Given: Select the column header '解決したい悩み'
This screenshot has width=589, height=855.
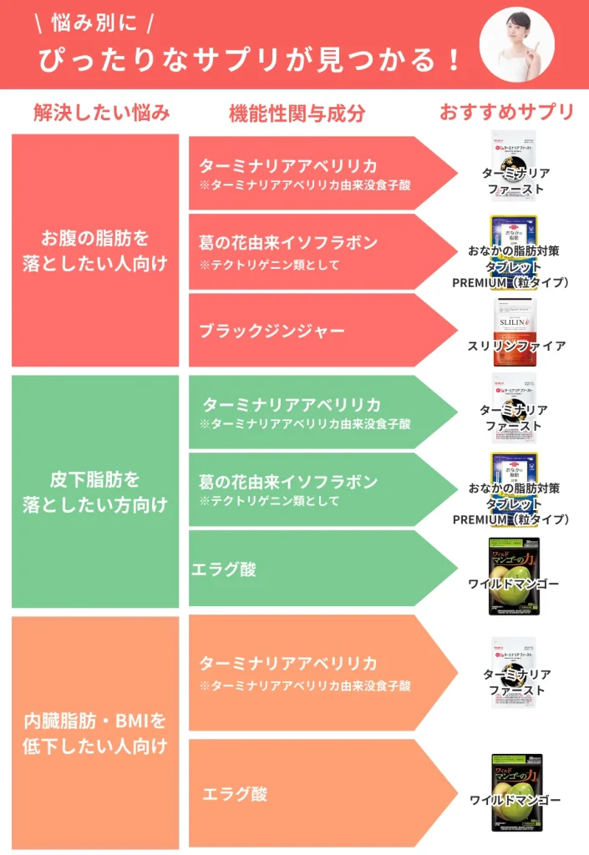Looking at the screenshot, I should coord(102,112).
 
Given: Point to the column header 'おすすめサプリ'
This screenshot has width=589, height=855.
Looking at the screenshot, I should coord(507,112).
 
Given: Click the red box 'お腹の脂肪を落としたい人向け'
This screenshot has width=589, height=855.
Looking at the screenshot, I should coord(95,250).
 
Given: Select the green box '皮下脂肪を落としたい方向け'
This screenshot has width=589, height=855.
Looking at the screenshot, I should coord(95,492).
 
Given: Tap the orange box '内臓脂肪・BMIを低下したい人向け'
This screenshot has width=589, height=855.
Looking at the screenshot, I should coord(95,732).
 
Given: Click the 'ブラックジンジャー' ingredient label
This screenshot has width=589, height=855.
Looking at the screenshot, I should coord(272,331).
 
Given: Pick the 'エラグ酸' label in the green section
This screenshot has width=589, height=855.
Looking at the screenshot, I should coord(224,569).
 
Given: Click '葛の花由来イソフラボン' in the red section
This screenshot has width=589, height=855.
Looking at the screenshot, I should coord(288,242).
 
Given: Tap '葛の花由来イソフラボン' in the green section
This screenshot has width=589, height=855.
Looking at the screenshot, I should coord(288,482).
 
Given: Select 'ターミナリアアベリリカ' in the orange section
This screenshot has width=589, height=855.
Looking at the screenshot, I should coord(287,664).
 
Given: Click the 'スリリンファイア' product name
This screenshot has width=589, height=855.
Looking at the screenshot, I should coord(515,346).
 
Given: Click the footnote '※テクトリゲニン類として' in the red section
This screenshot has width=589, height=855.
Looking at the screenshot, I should coord(269,265).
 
